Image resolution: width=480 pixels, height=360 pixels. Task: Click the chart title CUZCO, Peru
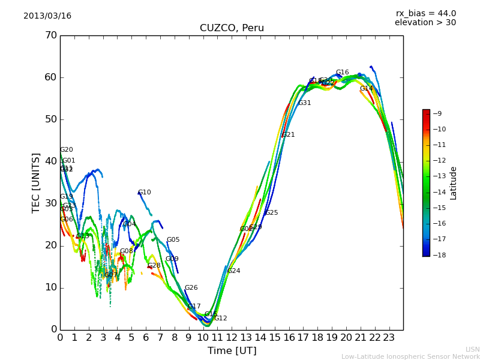tap(232, 28)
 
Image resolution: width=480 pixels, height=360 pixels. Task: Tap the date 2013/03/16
tap(47, 16)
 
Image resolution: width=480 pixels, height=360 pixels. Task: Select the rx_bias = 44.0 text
tap(425, 14)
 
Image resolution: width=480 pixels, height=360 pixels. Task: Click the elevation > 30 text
tap(425, 23)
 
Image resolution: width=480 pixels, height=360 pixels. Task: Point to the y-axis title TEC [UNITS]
tap(36, 182)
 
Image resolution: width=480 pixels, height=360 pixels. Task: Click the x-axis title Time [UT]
tap(232, 351)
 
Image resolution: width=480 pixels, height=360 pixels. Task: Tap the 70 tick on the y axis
tap(50, 35)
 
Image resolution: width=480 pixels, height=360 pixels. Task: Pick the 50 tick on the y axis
tap(50, 119)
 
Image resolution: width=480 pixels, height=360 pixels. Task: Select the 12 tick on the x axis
tap(232, 338)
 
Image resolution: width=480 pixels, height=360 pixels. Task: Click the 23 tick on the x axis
tap(389, 338)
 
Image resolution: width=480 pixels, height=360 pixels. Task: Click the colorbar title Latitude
tap(454, 183)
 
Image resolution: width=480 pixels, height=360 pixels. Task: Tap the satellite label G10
tap(145, 193)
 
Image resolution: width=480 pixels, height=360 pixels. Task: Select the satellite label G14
tap(367, 89)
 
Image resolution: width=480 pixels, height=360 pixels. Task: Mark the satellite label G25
tap(271, 213)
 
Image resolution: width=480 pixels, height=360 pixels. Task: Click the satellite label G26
tap(191, 288)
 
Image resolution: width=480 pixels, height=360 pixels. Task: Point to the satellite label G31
tap(305, 103)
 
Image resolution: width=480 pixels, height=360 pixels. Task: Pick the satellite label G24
tap(233, 271)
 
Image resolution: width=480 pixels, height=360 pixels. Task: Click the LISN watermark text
tap(473, 349)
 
